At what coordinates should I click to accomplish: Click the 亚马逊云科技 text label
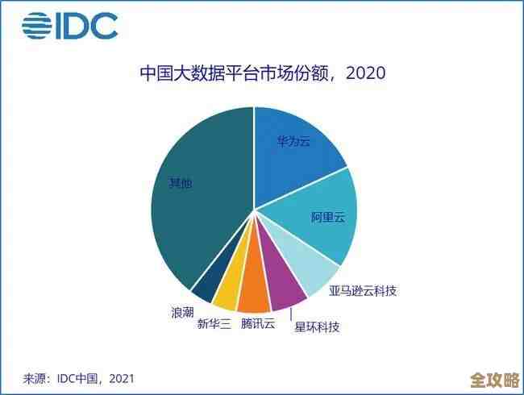coord(363,291)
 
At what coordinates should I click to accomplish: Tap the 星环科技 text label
coord(317,327)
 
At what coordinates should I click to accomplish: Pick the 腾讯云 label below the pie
coord(258,324)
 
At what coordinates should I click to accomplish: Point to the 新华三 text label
coord(214,324)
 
